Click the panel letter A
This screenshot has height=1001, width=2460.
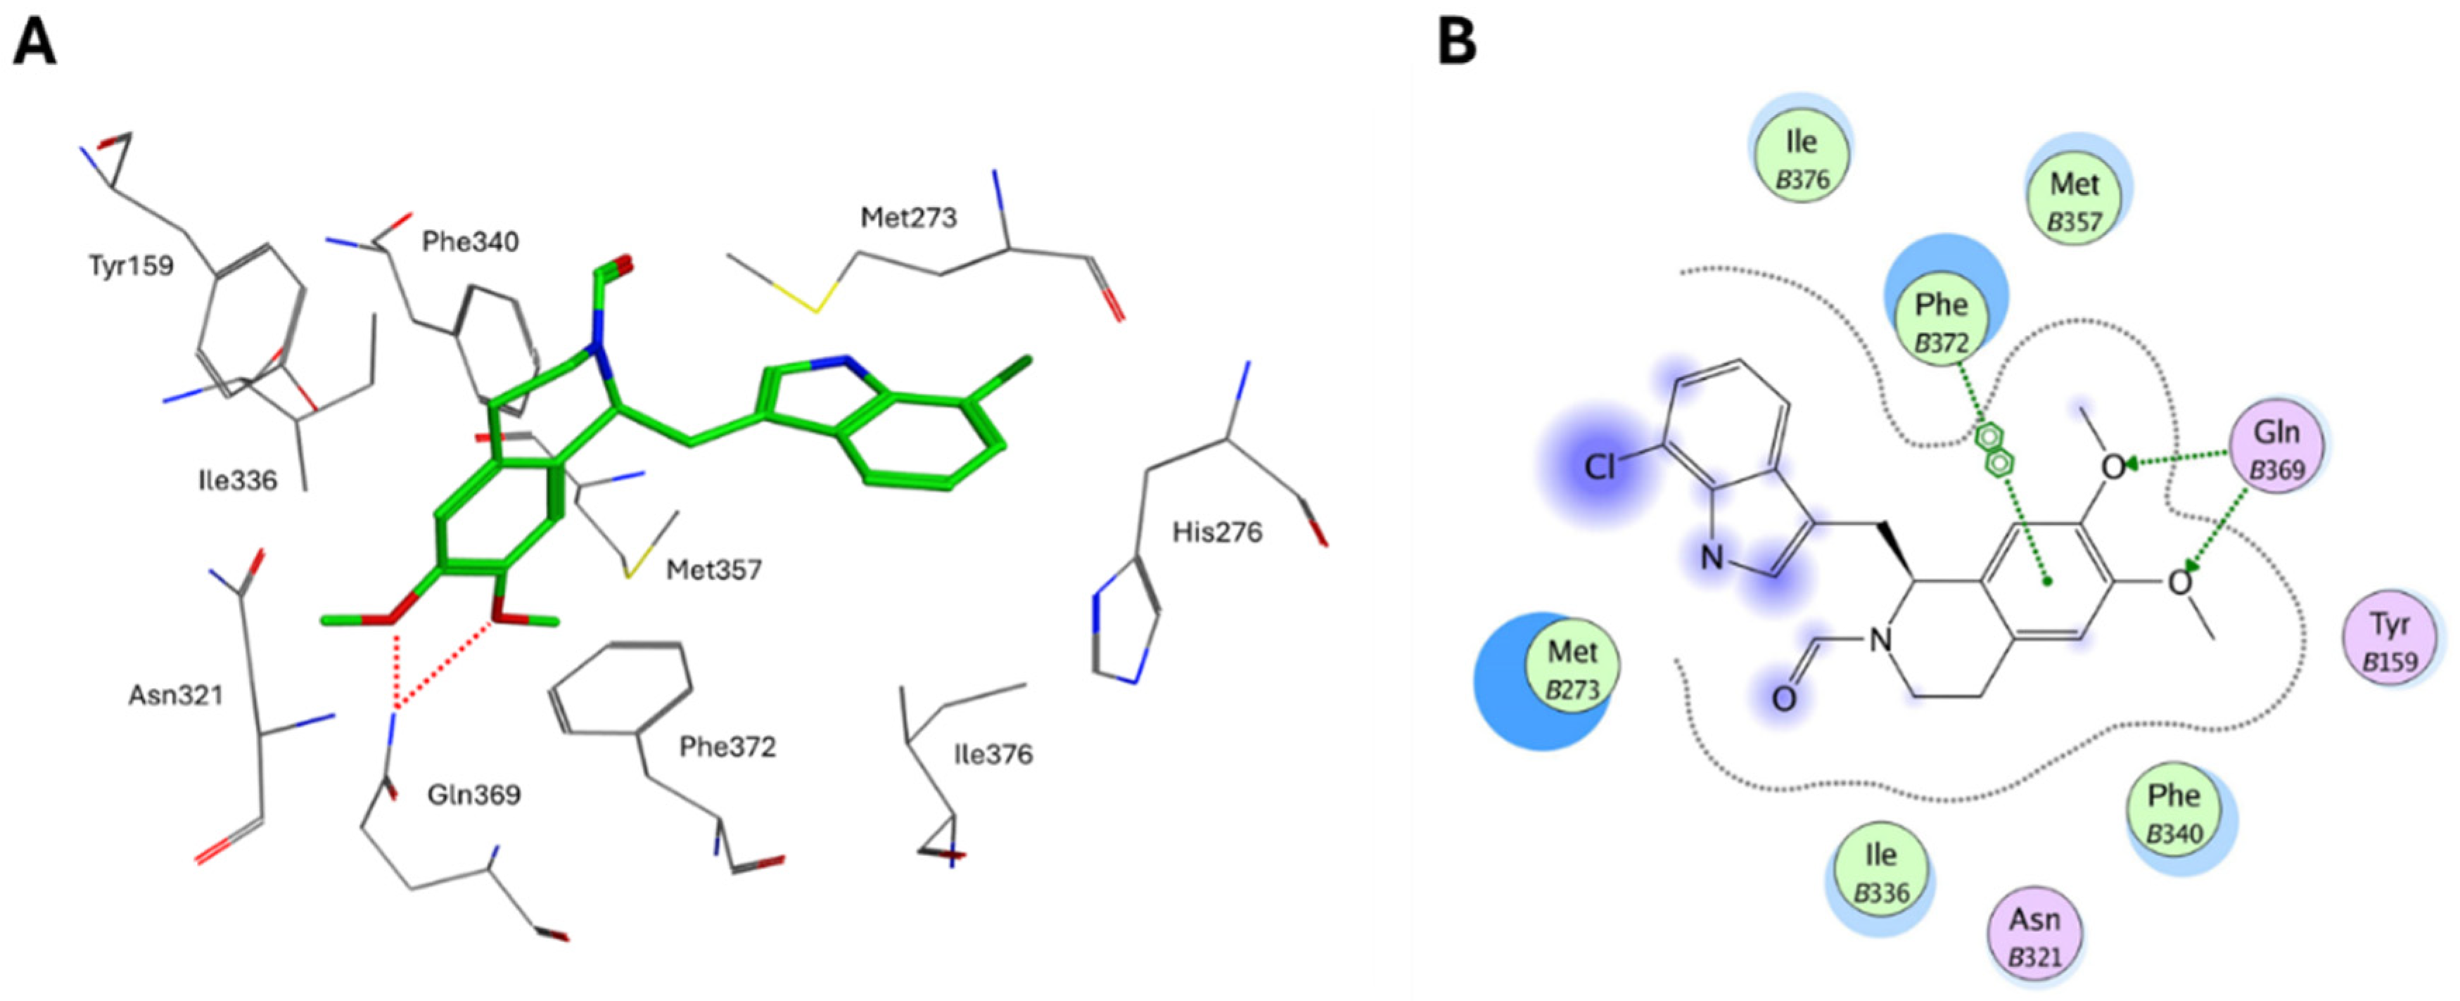click(34, 43)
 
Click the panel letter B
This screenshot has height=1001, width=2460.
click(1458, 43)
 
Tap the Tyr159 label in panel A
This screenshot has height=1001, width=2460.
click(131, 264)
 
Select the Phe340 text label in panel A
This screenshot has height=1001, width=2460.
click(471, 242)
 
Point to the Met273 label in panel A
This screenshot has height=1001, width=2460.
click(908, 218)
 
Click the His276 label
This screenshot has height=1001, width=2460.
click(1218, 531)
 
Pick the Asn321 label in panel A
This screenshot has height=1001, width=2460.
click(176, 694)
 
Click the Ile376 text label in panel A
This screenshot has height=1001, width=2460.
click(993, 755)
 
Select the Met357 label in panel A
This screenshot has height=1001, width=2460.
click(714, 570)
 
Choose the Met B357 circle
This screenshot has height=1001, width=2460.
click(2075, 200)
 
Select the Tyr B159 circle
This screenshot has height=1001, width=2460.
click(2390, 641)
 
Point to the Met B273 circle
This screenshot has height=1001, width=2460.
click(1572, 668)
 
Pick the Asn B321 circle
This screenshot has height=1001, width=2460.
click(2035, 937)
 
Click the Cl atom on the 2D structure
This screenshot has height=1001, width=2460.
click(1600, 466)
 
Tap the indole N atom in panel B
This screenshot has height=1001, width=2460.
click(1712, 557)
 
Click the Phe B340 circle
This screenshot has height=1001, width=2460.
click(2174, 814)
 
